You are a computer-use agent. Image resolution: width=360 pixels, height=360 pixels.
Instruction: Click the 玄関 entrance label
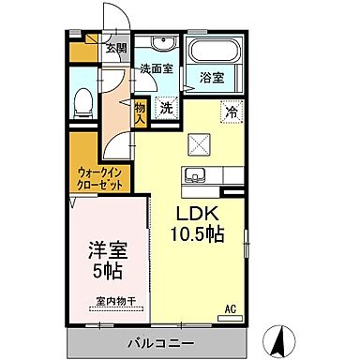[115, 49]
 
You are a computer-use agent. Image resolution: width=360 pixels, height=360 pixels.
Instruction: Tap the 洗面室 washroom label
[157, 68]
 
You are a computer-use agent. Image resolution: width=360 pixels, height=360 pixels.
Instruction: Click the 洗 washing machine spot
[166, 108]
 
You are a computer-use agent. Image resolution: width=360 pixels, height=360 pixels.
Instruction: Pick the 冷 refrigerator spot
[231, 111]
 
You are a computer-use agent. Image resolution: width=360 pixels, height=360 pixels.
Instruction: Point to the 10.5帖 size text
[197, 232]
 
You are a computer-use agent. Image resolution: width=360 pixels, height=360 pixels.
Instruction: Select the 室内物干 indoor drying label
[114, 302]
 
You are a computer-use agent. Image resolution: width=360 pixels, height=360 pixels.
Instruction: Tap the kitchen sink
[198, 174]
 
